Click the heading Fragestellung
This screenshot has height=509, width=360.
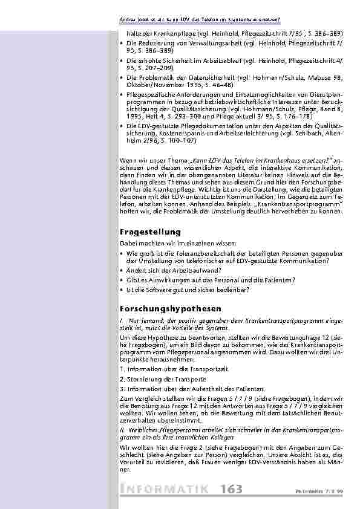tap(150, 232)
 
